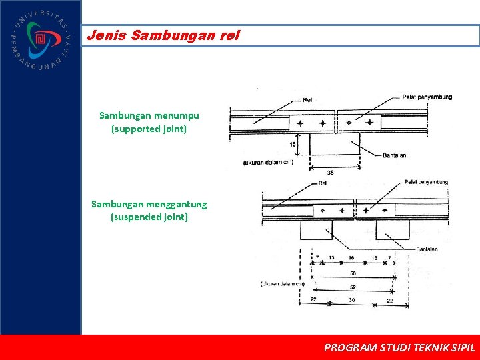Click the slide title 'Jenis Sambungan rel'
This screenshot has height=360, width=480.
click(163, 35)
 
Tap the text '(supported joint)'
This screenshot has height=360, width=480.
click(149, 129)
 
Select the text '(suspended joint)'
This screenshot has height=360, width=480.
click(149, 217)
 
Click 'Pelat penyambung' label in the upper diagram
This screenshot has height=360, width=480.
click(427, 97)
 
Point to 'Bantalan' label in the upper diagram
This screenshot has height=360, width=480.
click(395, 156)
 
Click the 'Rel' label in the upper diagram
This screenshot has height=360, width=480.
click(307, 101)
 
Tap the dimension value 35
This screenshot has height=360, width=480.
click(331, 173)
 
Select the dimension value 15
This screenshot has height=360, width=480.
click(293, 143)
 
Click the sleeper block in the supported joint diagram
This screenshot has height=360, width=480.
click(335, 144)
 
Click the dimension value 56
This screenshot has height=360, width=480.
click(353, 273)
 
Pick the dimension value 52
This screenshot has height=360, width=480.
click(353, 287)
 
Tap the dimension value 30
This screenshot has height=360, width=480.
click(353, 301)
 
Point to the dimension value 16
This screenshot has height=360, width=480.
click(351, 258)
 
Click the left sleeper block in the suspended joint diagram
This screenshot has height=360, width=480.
click(316, 230)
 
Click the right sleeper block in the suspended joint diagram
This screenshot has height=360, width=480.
click(393, 230)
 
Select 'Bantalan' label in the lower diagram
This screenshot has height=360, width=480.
click(427, 249)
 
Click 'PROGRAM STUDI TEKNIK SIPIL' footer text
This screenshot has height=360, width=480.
click(399, 347)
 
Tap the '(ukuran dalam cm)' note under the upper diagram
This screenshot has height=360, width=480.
click(269, 162)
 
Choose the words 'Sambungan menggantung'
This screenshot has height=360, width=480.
click(149, 204)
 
